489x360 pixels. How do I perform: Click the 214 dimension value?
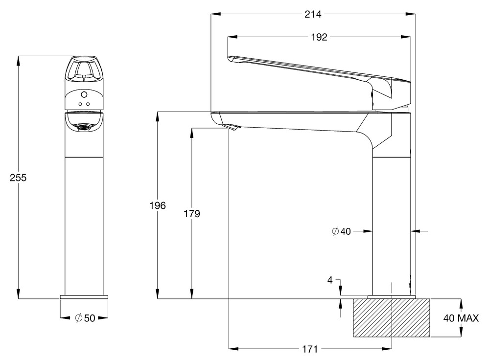pyautogui.click(x=313, y=14)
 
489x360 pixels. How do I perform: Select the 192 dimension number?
pyautogui.click(x=319, y=37)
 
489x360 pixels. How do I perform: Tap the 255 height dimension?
pyautogui.click(x=18, y=178)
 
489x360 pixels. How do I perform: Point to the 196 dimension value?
pyautogui.click(x=158, y=206)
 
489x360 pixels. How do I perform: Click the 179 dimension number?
pyautogui.click(x=192, y=214)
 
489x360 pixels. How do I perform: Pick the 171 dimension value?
pyautogui.click(x=310, y=349)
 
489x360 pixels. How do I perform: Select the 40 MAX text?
pyautogui.click(x=461, y=318)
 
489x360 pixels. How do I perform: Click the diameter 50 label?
pyautogui.click(x=85, y=318)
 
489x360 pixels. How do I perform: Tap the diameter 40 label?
pyautogui.click(x=341, y=231)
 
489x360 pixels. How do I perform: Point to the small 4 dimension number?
pyautogui.click(x=330, y=280)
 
